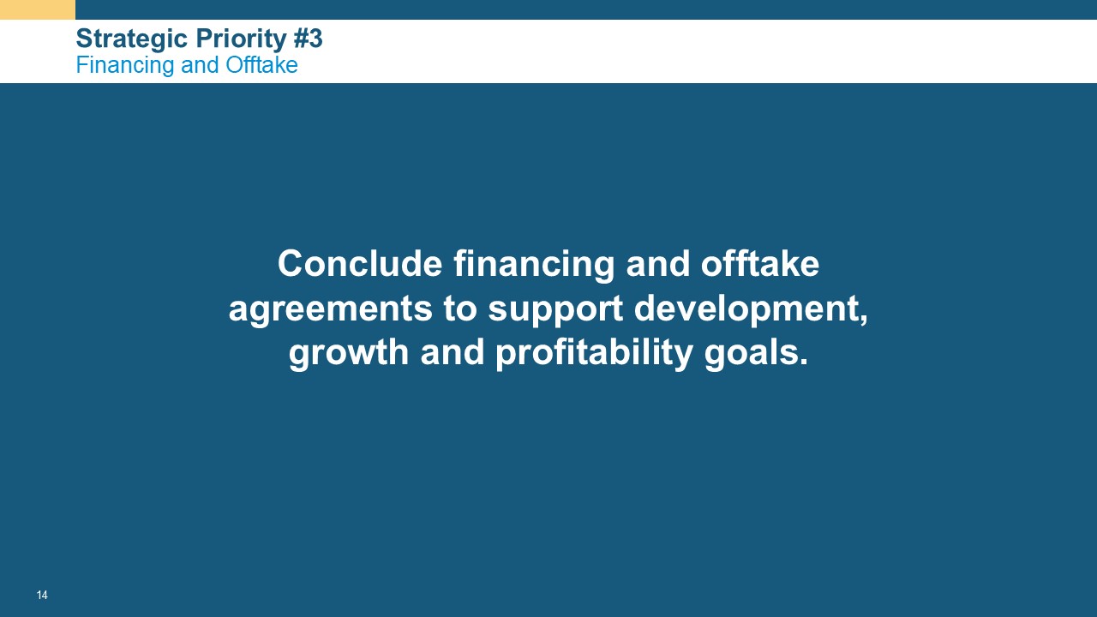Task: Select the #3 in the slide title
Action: (308, 39)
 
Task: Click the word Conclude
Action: (360, 263)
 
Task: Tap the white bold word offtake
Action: (759, 263)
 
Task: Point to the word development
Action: (751, 309)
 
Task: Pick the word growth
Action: (349, 352)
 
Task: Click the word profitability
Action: (595, 352)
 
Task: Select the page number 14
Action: (42, 595)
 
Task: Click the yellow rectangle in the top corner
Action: (38, 9)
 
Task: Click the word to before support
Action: (460, 309)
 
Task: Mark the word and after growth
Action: (453, 351)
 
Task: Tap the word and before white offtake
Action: (657, 263)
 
